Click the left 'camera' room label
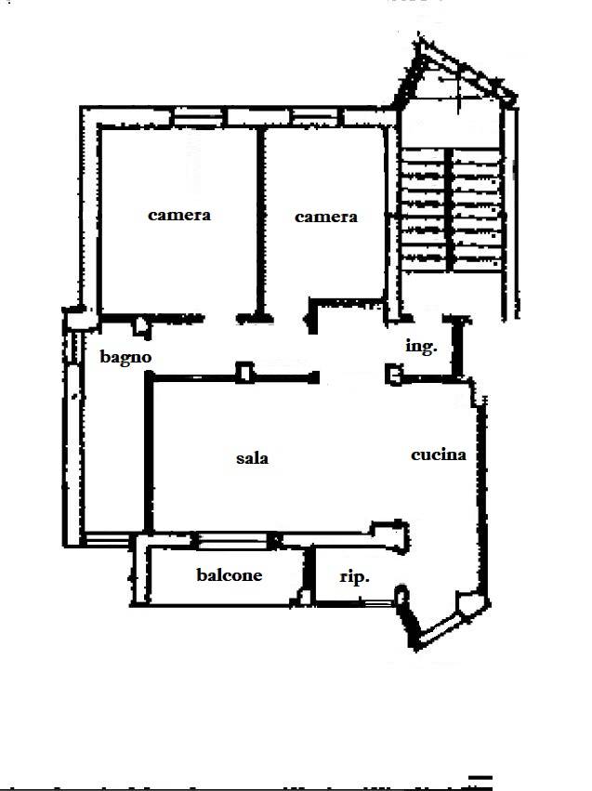(x=179, y=216)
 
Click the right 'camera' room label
(x=326, y=217)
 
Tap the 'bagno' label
(x=125, y=358)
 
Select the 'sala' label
(x=252, y=458)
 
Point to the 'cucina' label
(x=439, y=455)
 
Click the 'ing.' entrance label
(x=421, y=347)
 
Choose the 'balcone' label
(x=229, y=574)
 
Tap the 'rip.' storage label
(x=354, y=576)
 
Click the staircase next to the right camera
(x=452, y=209)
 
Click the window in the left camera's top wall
(x=198, y=118)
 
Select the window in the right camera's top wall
(x=315, y=118)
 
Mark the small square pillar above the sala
(x=245, y=373)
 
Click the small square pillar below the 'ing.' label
(x=394, y=375)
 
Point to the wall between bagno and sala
(x=149, y=452)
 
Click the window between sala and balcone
(x=233, y=540)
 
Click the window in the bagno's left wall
(x=72, y=347)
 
